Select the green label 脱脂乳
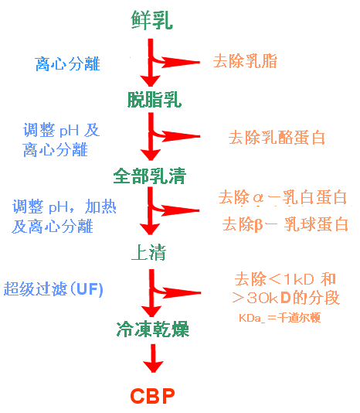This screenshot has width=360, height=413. click(155, 99)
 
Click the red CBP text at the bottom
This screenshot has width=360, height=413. click(151, 397)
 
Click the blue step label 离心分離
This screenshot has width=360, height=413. click(68, 64)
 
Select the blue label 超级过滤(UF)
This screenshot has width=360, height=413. click(53, 289)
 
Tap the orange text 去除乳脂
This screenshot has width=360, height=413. click(245, 61)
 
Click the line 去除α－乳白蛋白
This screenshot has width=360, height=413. click(283, 197)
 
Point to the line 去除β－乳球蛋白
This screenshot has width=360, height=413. click(285, 225)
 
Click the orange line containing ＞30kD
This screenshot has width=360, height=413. click(287, 298)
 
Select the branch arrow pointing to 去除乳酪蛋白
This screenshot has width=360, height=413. click(182, 138)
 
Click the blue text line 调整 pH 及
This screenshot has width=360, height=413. click(62, 130)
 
